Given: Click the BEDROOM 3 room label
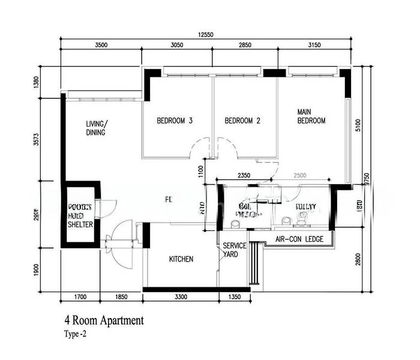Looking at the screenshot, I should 175,121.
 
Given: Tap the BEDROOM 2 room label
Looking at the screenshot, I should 242,121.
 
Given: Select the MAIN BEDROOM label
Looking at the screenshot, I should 311,116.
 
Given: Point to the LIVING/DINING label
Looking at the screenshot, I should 97,128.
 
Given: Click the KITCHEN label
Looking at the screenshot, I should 181,259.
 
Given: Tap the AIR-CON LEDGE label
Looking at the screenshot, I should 299,239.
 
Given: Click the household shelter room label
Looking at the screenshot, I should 80,214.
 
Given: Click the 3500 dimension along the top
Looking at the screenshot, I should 101,46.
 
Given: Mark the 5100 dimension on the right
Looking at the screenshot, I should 358,125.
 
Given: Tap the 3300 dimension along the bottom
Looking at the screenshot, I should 181,296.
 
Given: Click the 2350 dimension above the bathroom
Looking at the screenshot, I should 244,175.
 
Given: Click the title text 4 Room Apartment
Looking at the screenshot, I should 104,321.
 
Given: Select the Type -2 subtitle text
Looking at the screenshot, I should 75,334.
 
